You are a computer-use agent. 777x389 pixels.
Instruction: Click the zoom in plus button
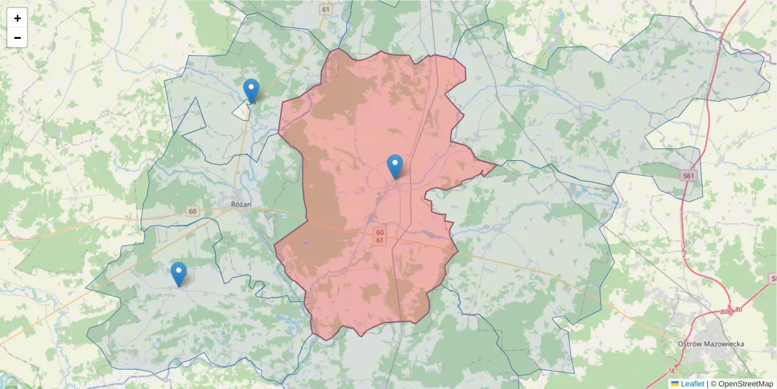click(x=17, y=18)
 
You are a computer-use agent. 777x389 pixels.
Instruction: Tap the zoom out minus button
click(x=17, y=38)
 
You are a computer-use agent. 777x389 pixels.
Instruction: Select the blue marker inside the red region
click(x=395, y=166)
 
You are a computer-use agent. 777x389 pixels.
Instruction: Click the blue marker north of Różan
click(x=251, y=90)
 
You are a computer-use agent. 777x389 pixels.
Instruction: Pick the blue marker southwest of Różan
click(x=179, y=274)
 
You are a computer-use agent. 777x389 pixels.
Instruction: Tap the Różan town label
click(x=241, y=204)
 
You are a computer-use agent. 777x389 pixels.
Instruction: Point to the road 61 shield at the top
click(x=325, y=9)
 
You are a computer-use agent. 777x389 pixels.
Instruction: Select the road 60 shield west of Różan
click(x=192, y=211)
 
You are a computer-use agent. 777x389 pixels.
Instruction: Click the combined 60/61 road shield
click(x=379, y=236)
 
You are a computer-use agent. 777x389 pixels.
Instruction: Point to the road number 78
click(x=670, y=371)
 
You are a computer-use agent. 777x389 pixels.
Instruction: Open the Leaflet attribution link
click(x=692, y=384)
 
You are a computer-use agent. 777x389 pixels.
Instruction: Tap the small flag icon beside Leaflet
click(x=675, y=384)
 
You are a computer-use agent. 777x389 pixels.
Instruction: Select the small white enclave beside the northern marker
click(x=242, y=112)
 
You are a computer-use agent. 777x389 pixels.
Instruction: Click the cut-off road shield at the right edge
click(x=772, y=278)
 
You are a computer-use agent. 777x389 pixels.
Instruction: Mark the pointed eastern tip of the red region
click(x=496, y=165)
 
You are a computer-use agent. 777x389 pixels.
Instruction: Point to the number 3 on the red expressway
click(x=719, y=49)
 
